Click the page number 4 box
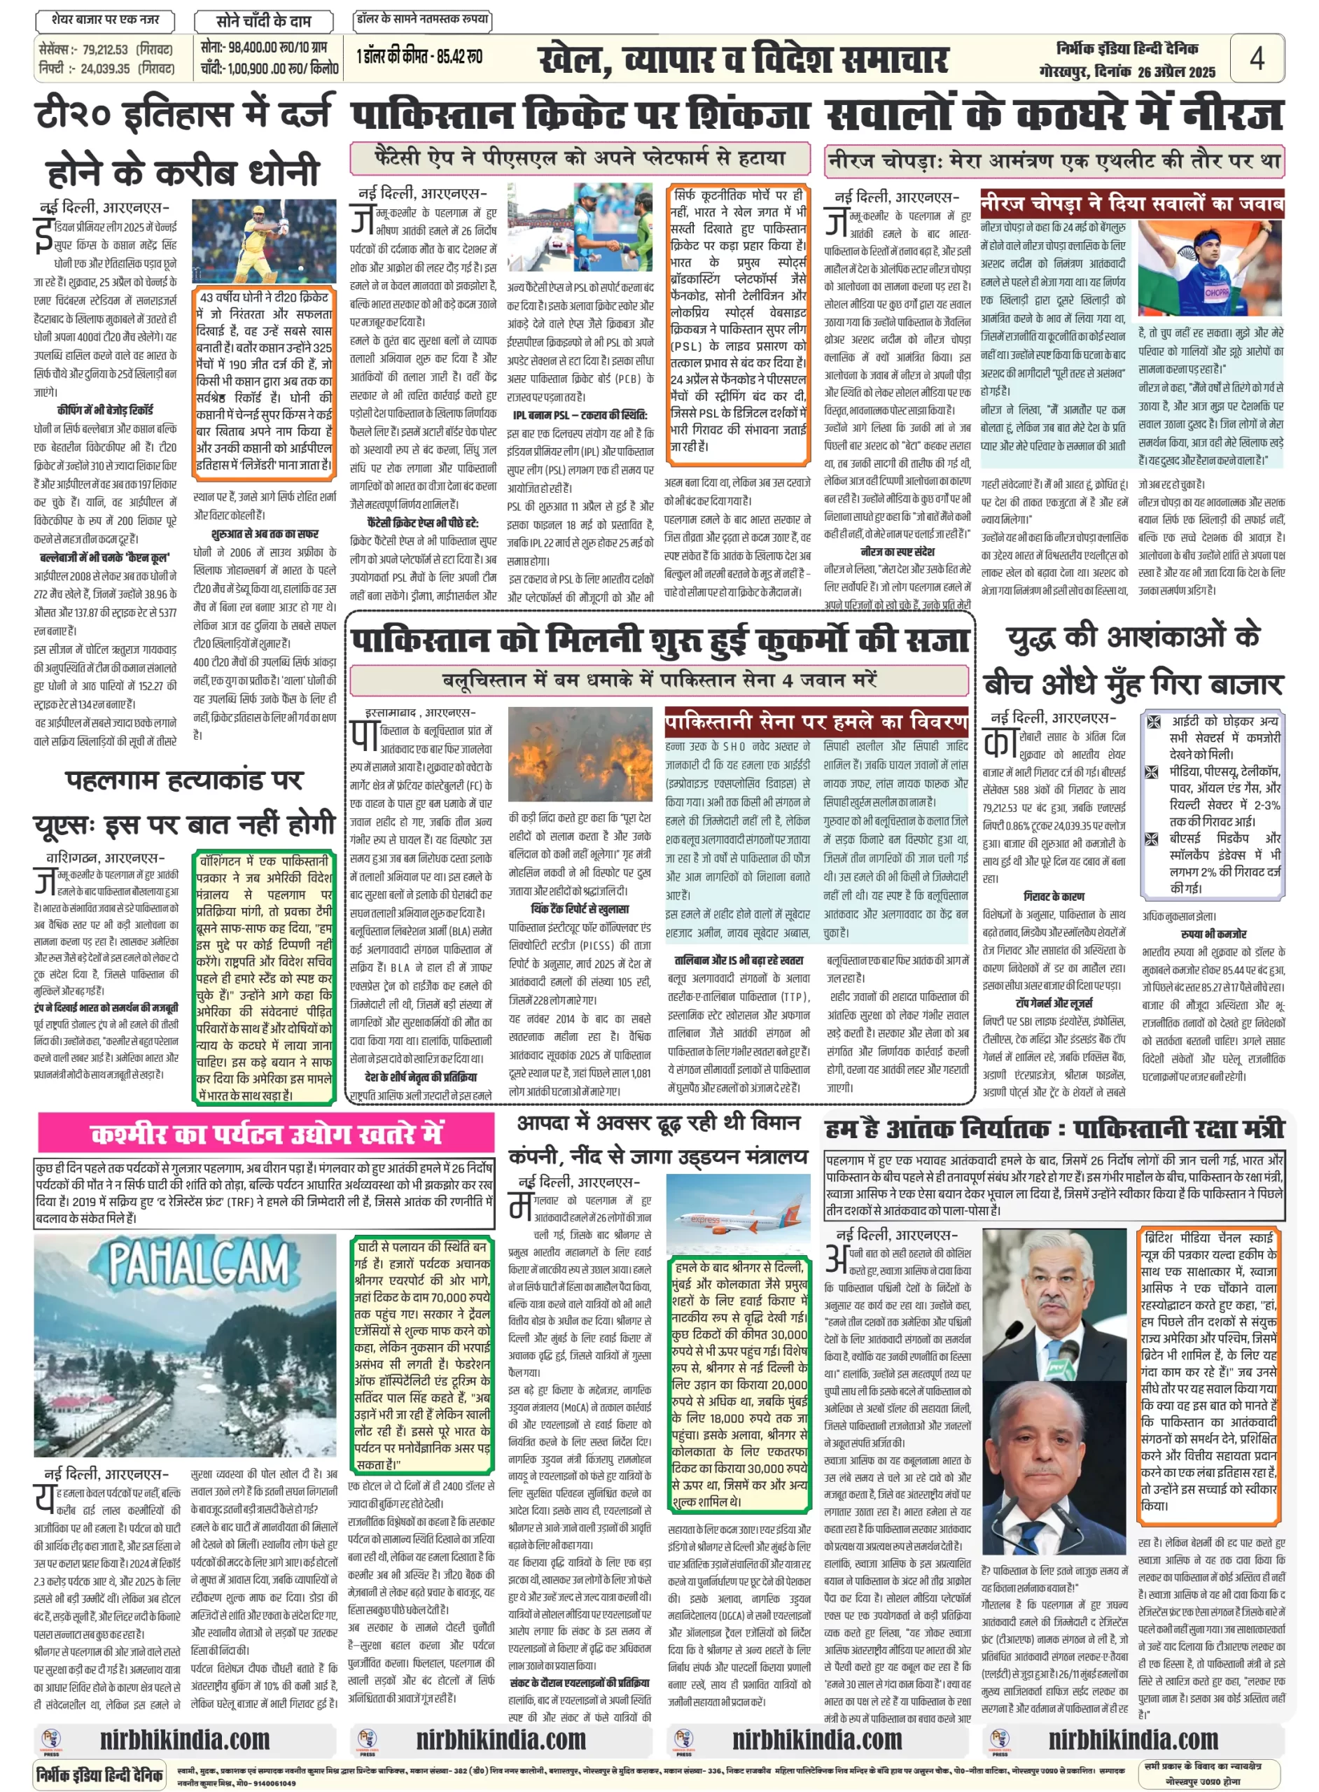coord(1256,58)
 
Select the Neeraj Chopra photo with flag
coord(1210,267)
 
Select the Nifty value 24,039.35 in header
coord(104,69)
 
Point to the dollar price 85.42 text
coord(464,57)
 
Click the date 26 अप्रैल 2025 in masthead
coord(1176,73)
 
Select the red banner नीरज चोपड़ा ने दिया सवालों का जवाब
coord(1131,204)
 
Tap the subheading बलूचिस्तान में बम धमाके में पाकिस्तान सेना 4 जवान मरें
coord(659,681)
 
